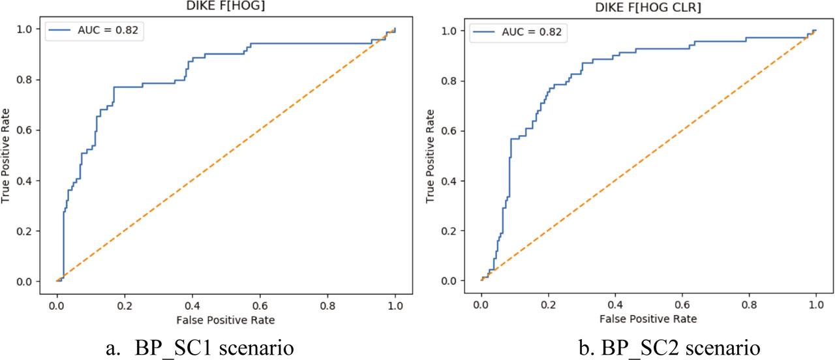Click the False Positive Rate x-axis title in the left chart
click(224, 320)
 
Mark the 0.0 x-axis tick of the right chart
click(481, 304)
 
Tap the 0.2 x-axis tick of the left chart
click(125, 304)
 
